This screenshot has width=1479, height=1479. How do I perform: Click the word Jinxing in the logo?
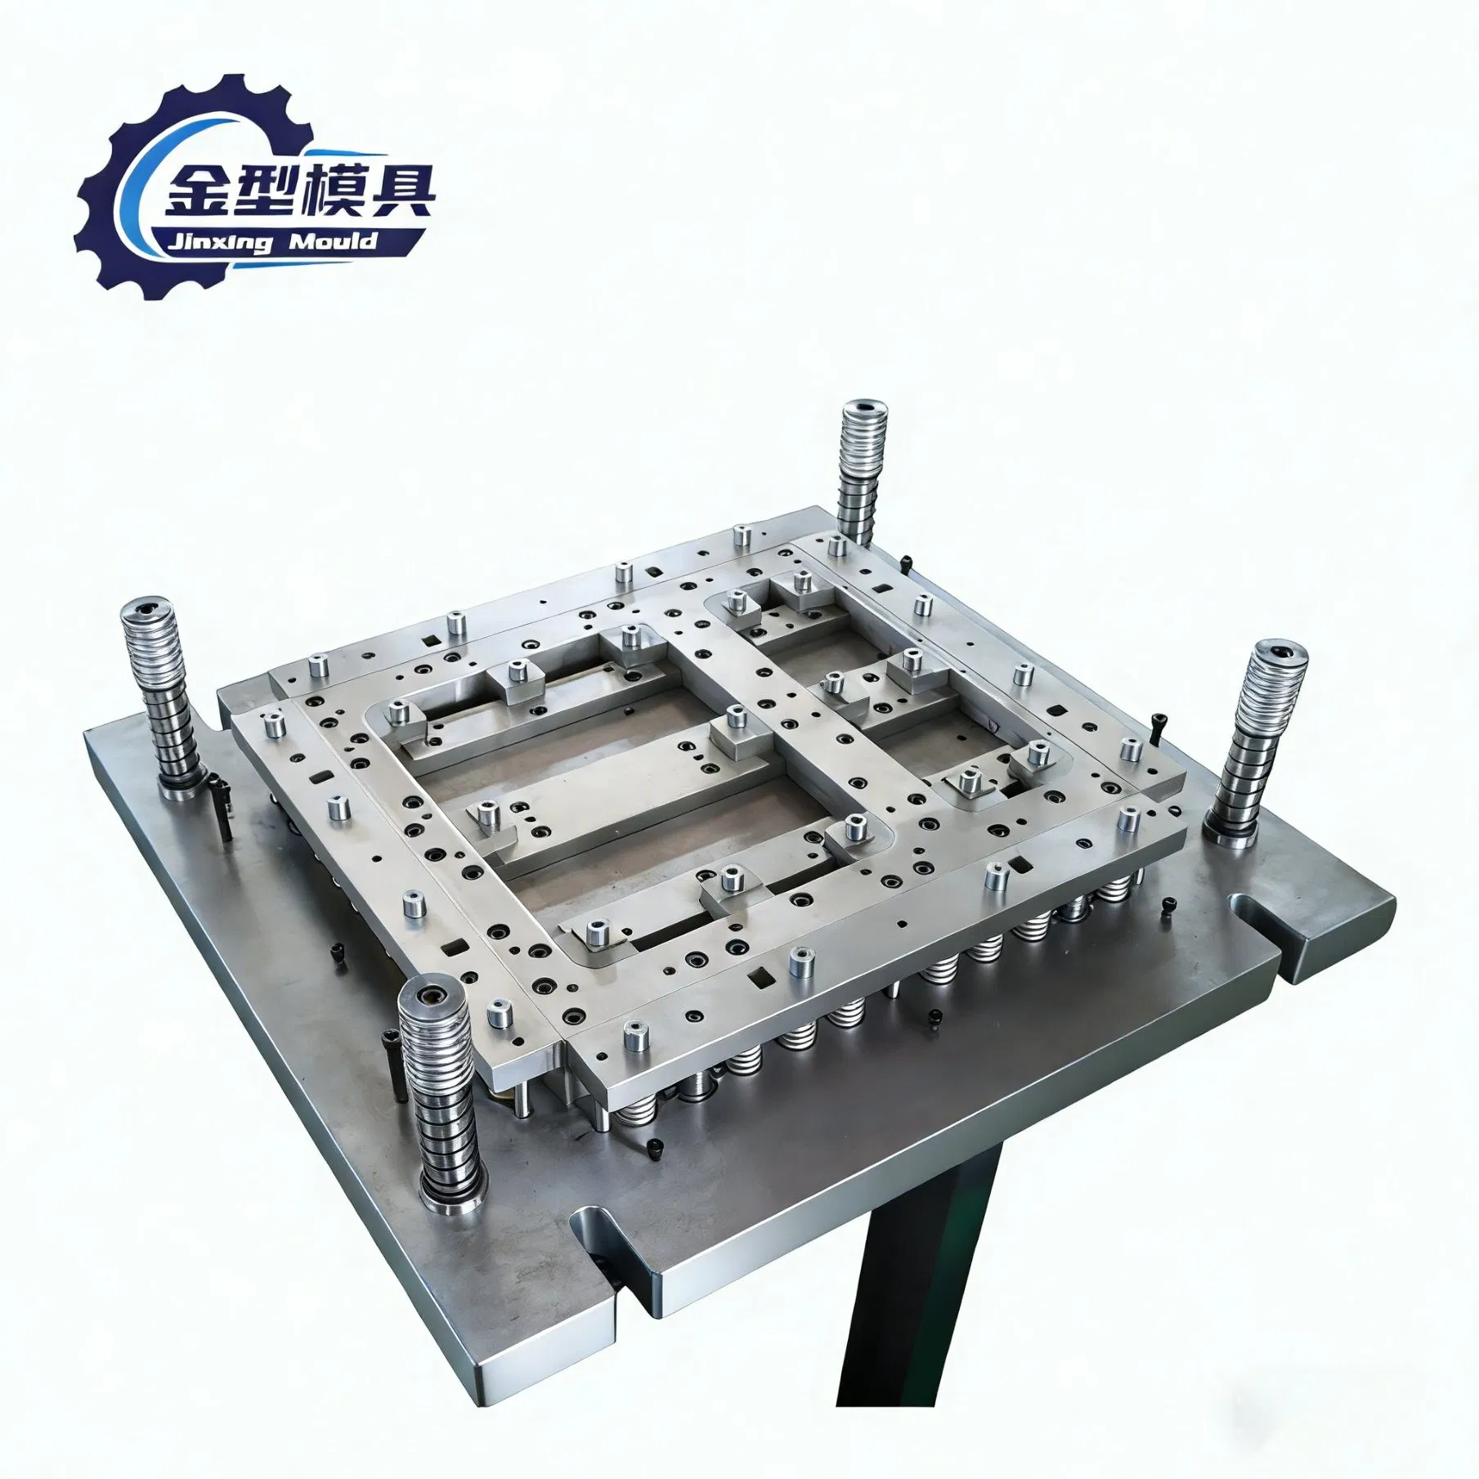click(x=219, y=243)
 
